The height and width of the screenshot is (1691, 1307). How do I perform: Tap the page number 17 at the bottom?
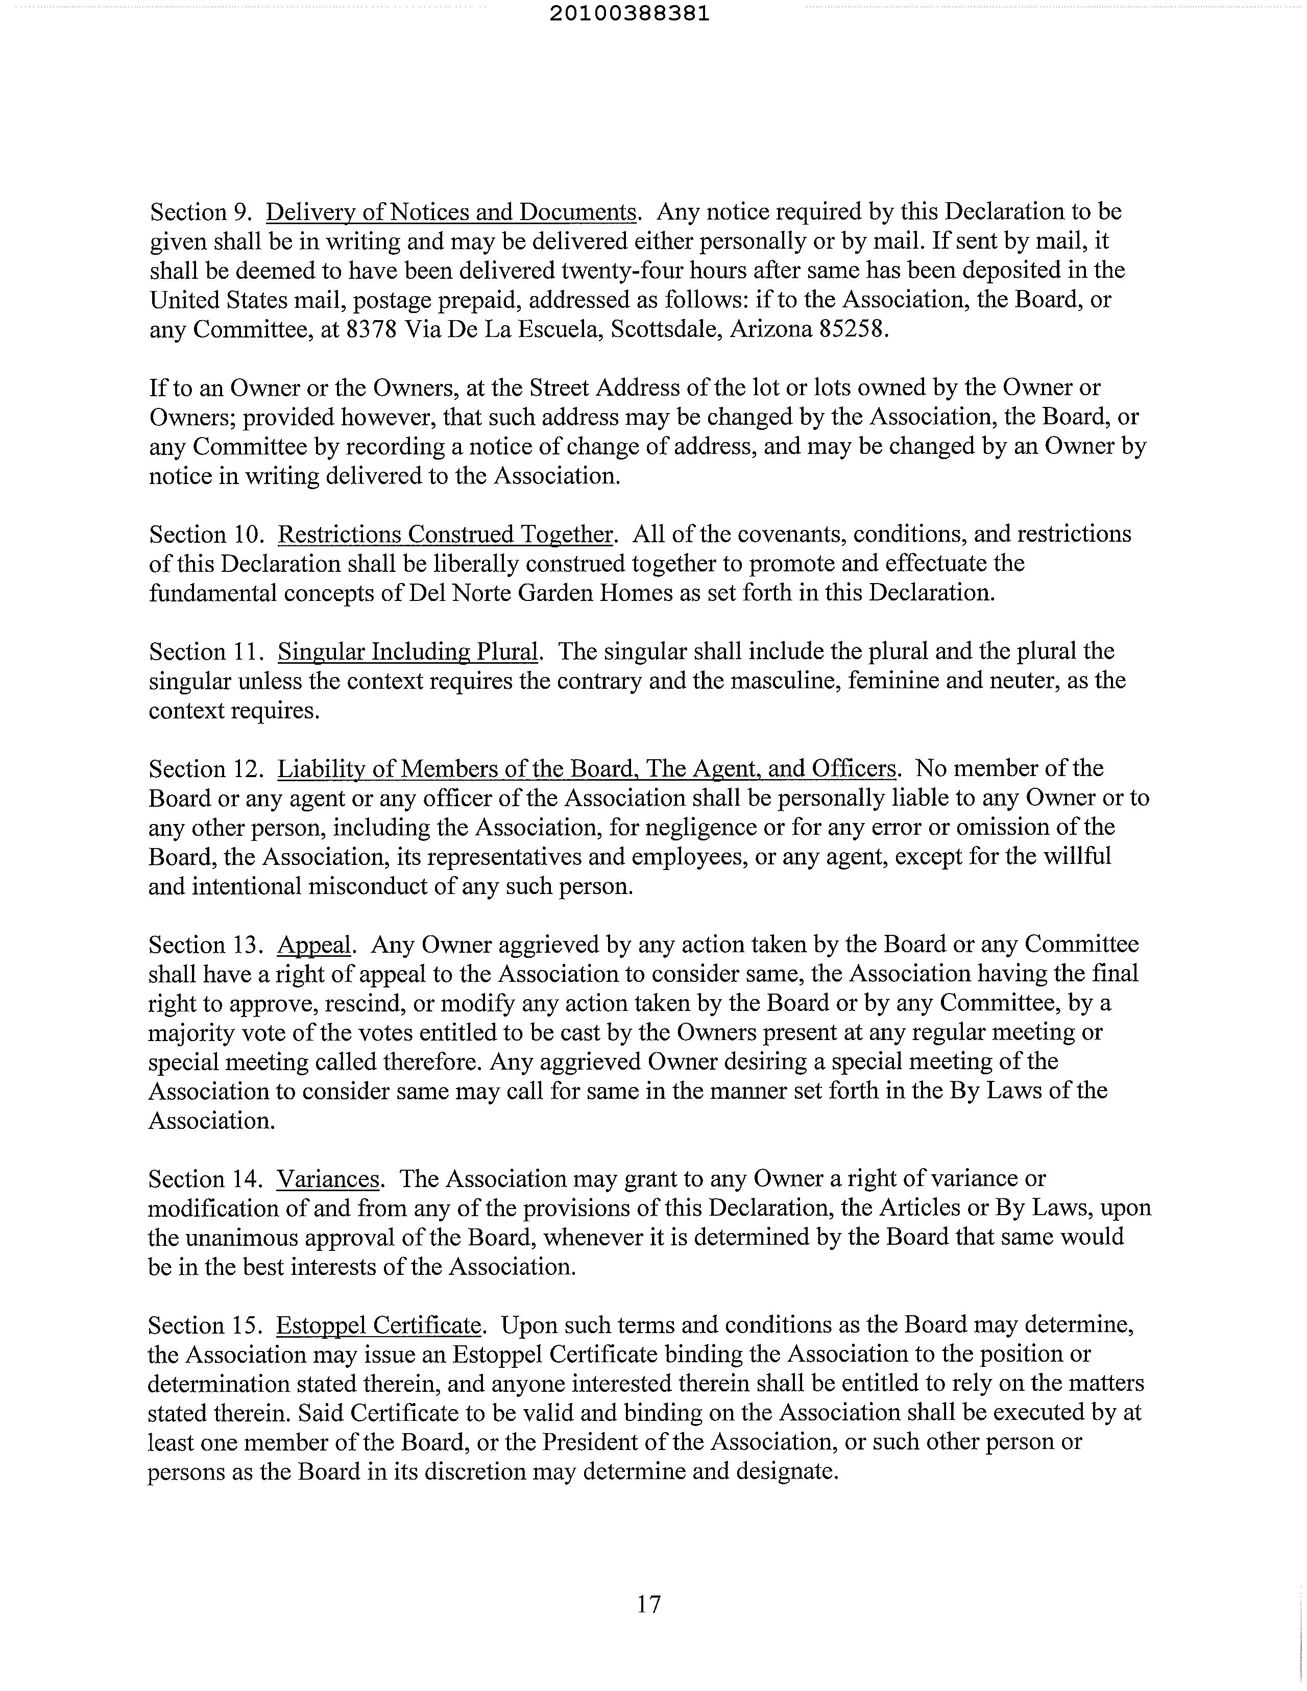tap(649, 1604)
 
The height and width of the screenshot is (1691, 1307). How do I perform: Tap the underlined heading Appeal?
tap(313, 945)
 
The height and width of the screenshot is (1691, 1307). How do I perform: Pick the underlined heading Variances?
tap(328, 1178)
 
